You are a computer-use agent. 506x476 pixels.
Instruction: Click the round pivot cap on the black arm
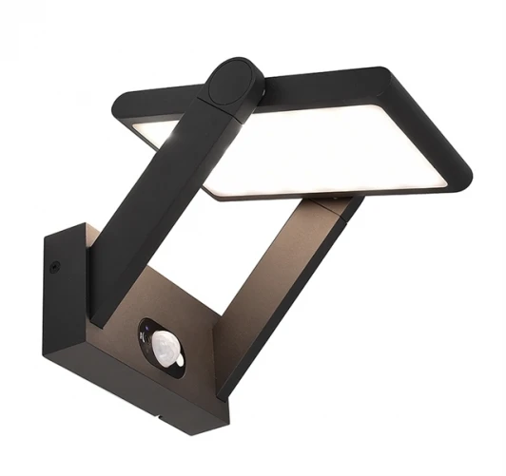(x=234, y=84)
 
